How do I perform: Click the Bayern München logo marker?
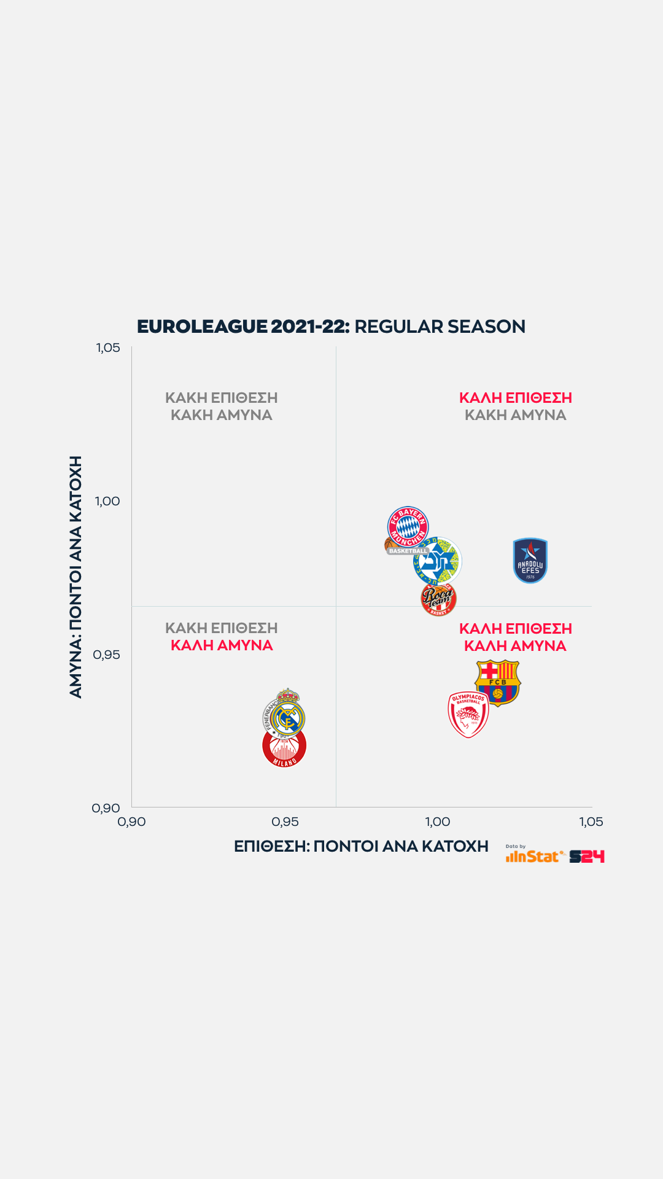point(408,526)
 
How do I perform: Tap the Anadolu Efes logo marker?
point(530,561)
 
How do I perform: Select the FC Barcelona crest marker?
point(498,682)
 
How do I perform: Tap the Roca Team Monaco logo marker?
point(438,599)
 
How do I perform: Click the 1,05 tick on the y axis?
point(108,348)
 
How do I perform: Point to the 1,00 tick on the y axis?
point(107,501)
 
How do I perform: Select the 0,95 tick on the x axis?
point(285,822)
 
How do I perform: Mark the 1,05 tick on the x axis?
point(591,822)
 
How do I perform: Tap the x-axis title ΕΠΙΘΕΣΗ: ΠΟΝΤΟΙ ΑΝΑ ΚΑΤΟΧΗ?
point(361,846)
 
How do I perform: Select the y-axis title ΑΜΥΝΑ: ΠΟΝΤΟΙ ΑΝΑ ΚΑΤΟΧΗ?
point(76,577)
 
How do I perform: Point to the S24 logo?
point(587,857)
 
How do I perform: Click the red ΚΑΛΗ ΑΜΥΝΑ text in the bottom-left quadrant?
point(222,645)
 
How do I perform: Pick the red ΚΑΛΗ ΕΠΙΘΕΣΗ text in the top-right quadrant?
point(516,398)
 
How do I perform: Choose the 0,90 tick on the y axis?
point(106,808)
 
